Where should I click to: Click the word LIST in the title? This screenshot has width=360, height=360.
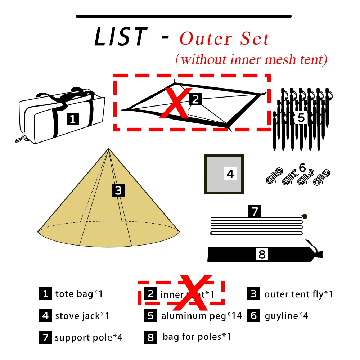pos(120,37)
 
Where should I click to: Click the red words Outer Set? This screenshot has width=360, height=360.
pos(224,39)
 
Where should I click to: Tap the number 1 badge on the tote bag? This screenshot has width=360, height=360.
pos(73,119)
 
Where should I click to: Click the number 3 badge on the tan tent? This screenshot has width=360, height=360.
pos(118,190)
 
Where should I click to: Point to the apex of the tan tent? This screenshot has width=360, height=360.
pos(108,149)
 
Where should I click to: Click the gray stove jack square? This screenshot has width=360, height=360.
pos(224,174)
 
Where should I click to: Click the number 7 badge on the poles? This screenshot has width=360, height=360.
pos(255,211)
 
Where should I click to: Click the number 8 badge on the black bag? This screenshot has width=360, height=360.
pos(262,255)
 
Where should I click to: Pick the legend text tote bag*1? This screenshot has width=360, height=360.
pos(79,294)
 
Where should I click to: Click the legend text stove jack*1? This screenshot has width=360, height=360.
pos(82,316)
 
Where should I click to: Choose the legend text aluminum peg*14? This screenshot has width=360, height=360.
pos(202,316)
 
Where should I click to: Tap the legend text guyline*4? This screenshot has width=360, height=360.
pos(287,316)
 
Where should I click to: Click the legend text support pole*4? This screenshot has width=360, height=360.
pos(89,338)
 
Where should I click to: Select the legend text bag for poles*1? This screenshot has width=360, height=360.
pos(197,337)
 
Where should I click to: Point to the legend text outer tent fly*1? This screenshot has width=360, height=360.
pos(298,294)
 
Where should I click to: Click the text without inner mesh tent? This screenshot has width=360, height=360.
pos(252,59)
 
